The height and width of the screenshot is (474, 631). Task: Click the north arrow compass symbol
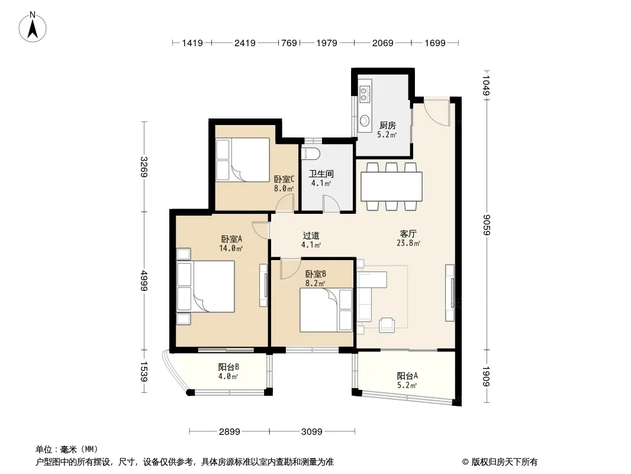pyautogui.click(x=33, y=27)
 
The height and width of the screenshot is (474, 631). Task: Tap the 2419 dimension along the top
pyautogui.click(x=244, y=43)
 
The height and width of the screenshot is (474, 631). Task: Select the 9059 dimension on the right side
pyautogui.click(x=487, y=225)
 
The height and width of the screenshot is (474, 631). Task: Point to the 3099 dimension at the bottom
pyautogui.click(x=312, y=432)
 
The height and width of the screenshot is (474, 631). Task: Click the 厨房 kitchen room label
pyautogui.click(x=388, y=125)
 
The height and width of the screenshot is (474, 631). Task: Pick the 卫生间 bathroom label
pyautogui.click(x=321, y=174)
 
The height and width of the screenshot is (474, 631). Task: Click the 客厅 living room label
pyautogui.click(x=408, y=233)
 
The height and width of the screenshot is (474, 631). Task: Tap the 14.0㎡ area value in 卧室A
pyautogui.click(x=231, y=248)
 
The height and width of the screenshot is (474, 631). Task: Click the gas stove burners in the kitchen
pyautogui.click(x=364, y=94)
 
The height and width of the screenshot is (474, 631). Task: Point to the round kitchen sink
pyautogui.click(x=365, y=120)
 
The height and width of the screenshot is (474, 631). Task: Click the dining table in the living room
pyautogui.click(x=391, y=187)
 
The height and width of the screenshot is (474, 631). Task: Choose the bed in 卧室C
pyautogui.click(x=243, y=160)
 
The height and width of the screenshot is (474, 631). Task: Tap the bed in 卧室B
pyautogui.click(x=326, y=310)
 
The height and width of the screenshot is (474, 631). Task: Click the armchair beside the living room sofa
pyautogui.click(x=387, y=325)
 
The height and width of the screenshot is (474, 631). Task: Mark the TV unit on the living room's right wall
pyautogui.click(x=450, y=293)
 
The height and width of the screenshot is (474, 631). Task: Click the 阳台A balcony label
pyautogui.click(x=407, y=376)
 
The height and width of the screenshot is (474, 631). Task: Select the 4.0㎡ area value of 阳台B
pyautogui.click(x=228, y=377)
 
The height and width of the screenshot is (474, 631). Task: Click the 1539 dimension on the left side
pyautogui.click(x=144, y=371)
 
